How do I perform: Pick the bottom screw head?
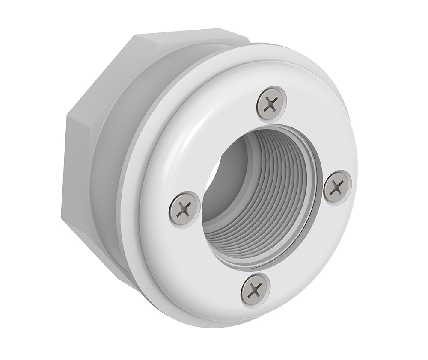256,290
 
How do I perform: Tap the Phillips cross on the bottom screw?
256,290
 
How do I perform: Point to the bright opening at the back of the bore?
216,171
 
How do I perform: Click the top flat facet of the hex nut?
188,36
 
